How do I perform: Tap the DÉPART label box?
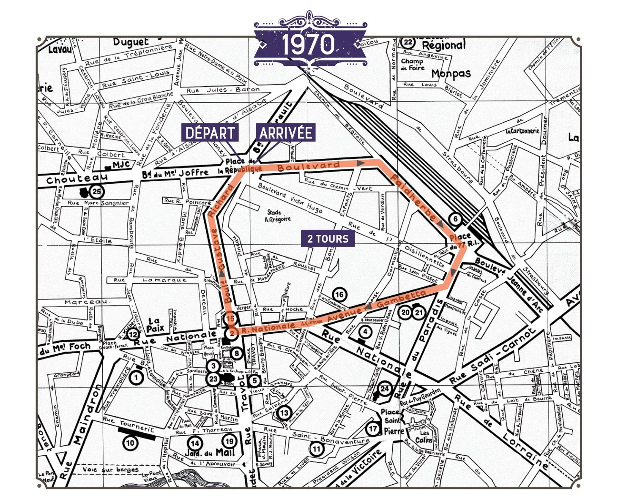[210, 133]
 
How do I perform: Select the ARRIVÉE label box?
[286, 133]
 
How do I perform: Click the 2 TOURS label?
[328, 239]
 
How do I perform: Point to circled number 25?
[96, 192]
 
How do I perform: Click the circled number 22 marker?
[407, 42]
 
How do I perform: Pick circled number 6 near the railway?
[455, 219]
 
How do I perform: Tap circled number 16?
[339, 295]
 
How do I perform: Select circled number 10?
[130, 443]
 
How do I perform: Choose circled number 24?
[385, 389]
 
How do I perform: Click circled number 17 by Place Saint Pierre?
[372, 429]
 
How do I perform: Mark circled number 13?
[284, 413]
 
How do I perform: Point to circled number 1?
[136, 377]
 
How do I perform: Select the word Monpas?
[451, 74]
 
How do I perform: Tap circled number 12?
[133, 334]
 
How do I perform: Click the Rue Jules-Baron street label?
[223, 90]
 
